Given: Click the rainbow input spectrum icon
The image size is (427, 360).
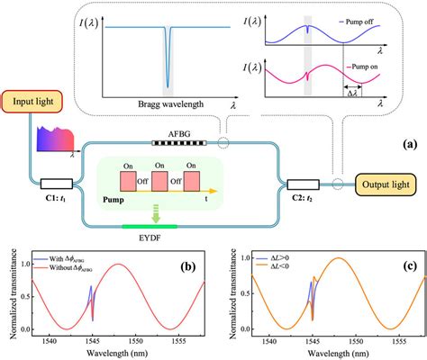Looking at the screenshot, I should (x=54, y=141).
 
